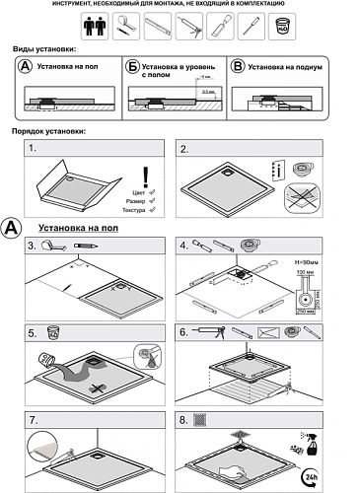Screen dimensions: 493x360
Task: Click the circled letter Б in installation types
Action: pyautogui.click(x=131, y=66)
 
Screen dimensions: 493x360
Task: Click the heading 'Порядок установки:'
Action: pyautogui.click(x=48, y=131)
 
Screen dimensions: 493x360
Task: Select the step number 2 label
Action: pyautogui.click(x=184, y=150)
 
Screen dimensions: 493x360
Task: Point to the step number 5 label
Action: pyautogui.click(x=33, y=333)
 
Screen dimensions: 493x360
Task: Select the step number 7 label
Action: pyautogui.click(x=33, y=421)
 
